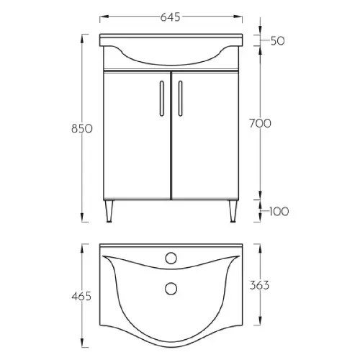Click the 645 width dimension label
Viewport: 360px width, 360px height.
(170, 17)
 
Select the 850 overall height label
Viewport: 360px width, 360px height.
(82, 129)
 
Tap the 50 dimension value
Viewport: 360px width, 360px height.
(278, 41)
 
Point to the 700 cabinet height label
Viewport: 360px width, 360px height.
(260, 124)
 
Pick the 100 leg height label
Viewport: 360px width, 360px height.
(279, 212)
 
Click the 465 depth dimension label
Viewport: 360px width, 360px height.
(81, 297)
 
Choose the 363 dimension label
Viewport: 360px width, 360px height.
(259, 285)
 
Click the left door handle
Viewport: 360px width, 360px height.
(162, 99)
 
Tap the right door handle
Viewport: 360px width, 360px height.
(180, 99)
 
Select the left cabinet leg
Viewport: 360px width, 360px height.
(109, 211)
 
